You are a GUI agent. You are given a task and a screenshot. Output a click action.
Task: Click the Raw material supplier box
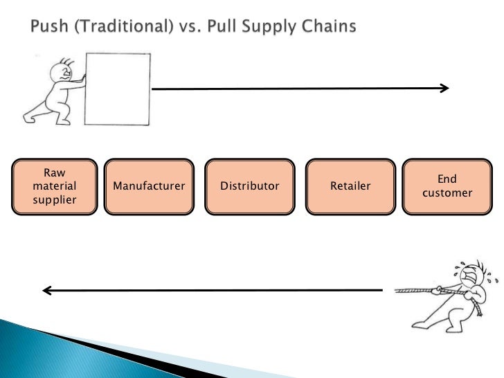coord(54,186)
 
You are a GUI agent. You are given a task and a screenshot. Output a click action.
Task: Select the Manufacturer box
coord(149,186)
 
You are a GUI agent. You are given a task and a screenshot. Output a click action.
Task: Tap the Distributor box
coord(249,186)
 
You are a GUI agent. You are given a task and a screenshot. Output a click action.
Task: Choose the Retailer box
coord(350,186)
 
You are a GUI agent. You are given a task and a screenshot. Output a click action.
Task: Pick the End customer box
coord(447,186)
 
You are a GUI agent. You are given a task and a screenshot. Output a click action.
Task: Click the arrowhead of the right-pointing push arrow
coord(444,89)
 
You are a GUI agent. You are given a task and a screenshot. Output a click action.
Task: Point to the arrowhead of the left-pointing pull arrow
coord(47,291)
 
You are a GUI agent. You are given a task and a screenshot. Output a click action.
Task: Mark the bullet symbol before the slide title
coord(18,28)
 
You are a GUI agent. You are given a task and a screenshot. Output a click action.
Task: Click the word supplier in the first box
coord(54,200)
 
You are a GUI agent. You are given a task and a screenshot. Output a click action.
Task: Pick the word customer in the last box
coord(447,193)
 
